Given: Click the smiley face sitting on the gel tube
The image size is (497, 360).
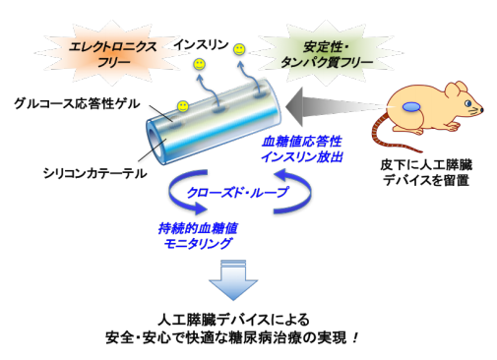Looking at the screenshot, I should [182, 105].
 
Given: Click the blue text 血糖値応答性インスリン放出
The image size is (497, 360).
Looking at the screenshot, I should [295, 148].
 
